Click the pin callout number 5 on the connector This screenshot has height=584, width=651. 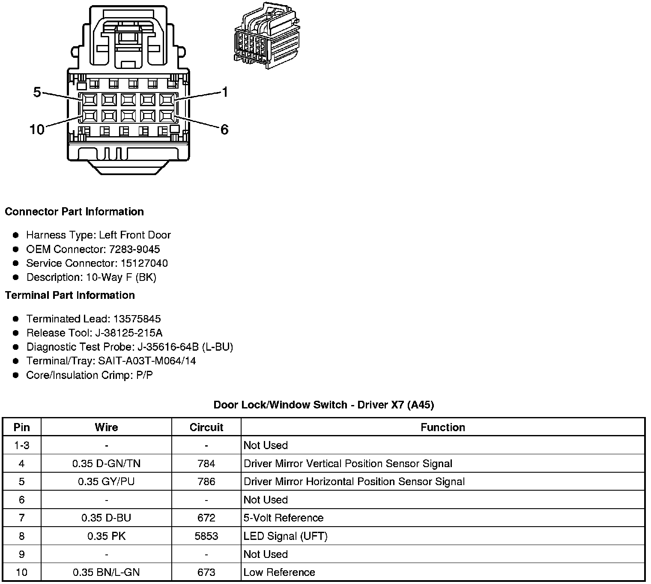point(37,92)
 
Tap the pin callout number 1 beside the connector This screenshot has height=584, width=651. point(225,92)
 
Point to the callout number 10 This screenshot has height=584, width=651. point(37,129)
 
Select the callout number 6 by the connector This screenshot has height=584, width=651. point(224,129)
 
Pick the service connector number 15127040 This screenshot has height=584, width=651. point(144,263)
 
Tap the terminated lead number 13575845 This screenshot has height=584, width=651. point(137,319)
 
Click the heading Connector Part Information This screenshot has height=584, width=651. point(74,212)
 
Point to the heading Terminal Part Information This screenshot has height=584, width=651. point(70,295)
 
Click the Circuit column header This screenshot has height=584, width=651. point(206,427)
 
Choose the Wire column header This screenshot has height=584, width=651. point(106,427)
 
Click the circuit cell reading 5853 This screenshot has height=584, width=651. point(206,536)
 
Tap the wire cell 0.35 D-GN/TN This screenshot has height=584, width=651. point(106,464)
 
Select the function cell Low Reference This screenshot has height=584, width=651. point(279,572)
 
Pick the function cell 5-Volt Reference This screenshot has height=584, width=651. point(284,518)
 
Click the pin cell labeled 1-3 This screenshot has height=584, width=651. point(22,445)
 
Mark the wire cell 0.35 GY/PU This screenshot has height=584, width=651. point(106,482)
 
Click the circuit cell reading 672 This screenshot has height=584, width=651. point(206,518)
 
